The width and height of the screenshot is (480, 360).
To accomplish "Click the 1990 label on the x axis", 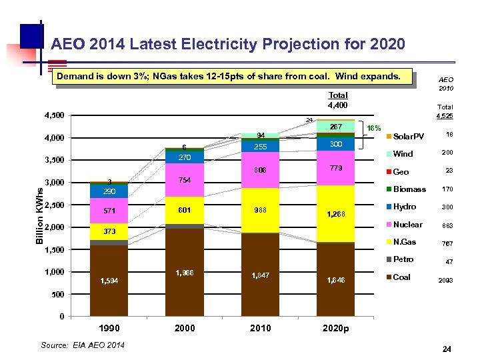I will point(110,328).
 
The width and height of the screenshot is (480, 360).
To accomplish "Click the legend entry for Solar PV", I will point(407,137).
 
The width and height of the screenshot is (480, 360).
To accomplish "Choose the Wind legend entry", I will point(403,154).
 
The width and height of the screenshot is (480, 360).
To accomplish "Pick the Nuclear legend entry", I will point(407,225).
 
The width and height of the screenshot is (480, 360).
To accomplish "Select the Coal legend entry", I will point(402,277).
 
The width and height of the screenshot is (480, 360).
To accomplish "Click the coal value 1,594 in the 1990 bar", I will point(110,280).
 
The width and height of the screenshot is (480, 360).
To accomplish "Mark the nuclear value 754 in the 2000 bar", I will point(185,181).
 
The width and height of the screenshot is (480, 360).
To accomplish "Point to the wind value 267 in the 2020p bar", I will point(336,127).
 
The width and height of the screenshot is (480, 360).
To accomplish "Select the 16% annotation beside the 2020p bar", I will point(374,127).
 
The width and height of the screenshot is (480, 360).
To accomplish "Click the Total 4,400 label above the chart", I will point(338,100).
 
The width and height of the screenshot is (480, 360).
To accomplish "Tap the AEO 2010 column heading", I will point(446,83).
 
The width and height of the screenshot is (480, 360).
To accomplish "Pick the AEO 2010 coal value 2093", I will point(445,281).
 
